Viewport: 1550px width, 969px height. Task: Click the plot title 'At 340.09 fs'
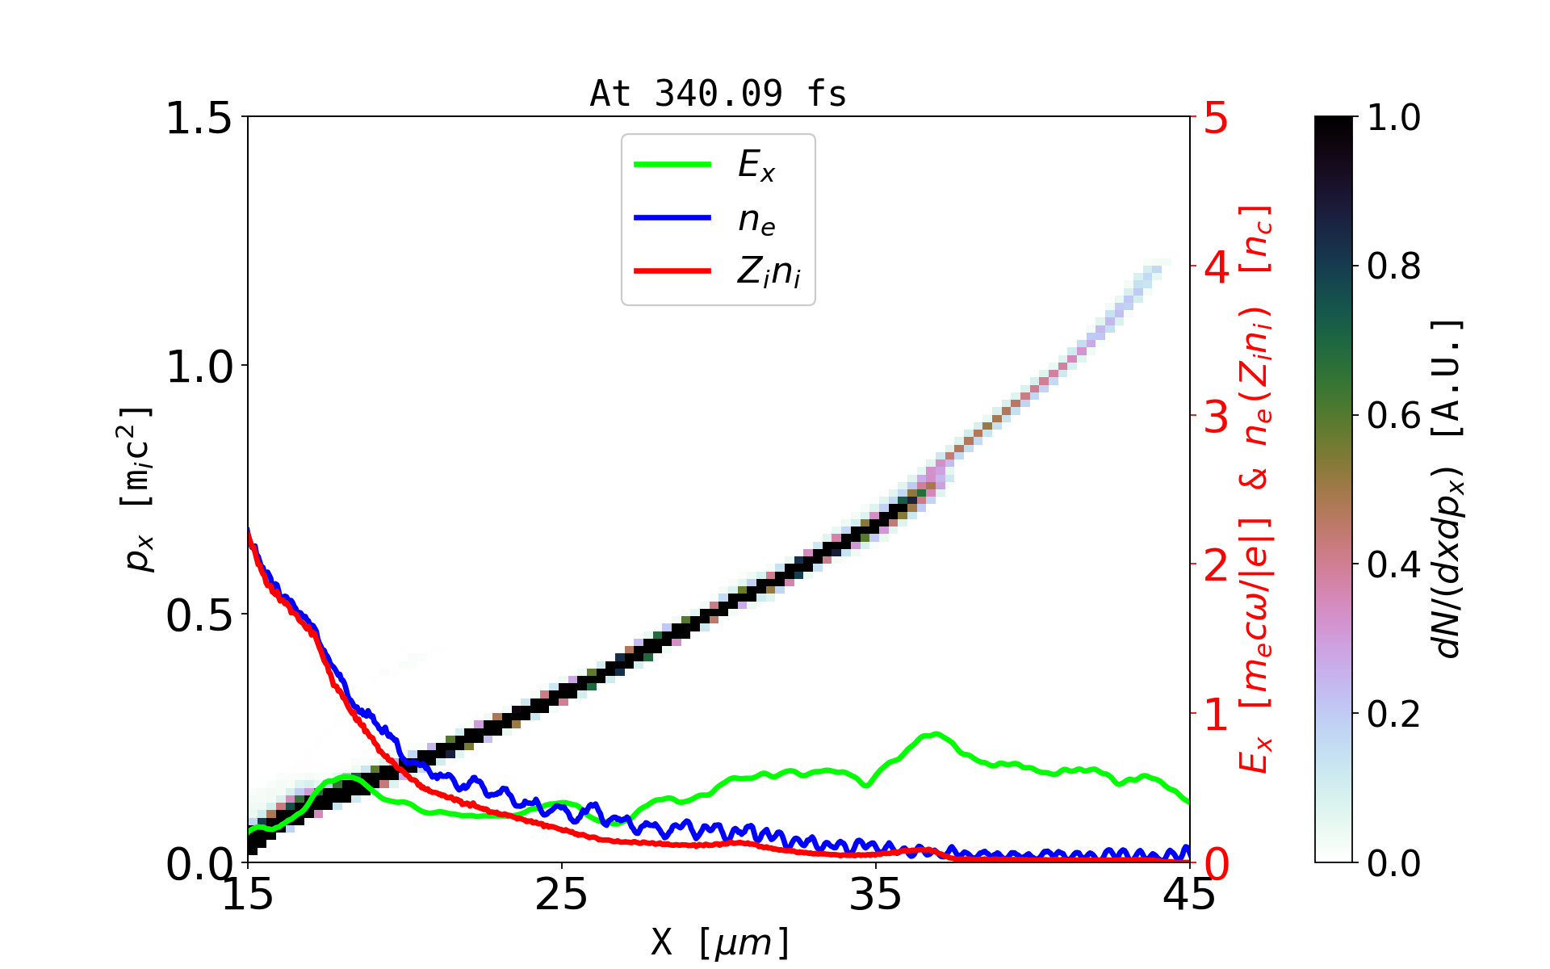[718, 94]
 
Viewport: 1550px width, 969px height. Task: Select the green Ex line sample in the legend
[672, 165]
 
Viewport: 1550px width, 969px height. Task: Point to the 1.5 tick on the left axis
[199, 119]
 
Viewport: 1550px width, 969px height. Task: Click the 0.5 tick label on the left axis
[199, 616]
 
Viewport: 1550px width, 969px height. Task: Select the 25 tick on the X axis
[562, 895]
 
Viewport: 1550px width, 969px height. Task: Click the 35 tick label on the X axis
[876, 895]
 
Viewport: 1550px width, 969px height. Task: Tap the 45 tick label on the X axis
[1190, 895]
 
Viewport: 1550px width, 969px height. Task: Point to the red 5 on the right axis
[1217, 119]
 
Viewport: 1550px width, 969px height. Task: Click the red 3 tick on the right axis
[1217, 417]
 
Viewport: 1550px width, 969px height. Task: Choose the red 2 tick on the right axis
[1217, 565]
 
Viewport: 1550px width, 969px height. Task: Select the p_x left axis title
[137, 489]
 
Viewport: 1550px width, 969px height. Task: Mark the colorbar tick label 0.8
[1394, 266]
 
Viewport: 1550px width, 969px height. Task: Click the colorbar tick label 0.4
[1394, 565]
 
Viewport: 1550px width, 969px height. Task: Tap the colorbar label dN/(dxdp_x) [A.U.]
[1450, 489]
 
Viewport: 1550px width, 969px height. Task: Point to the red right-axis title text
[1255, 489]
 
